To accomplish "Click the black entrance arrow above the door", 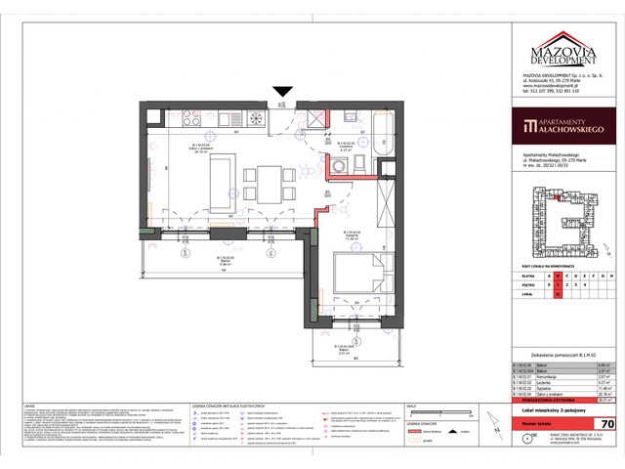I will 282,93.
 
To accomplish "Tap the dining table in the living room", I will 265,183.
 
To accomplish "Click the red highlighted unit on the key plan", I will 558,198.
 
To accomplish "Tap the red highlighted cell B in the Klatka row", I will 558,277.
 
